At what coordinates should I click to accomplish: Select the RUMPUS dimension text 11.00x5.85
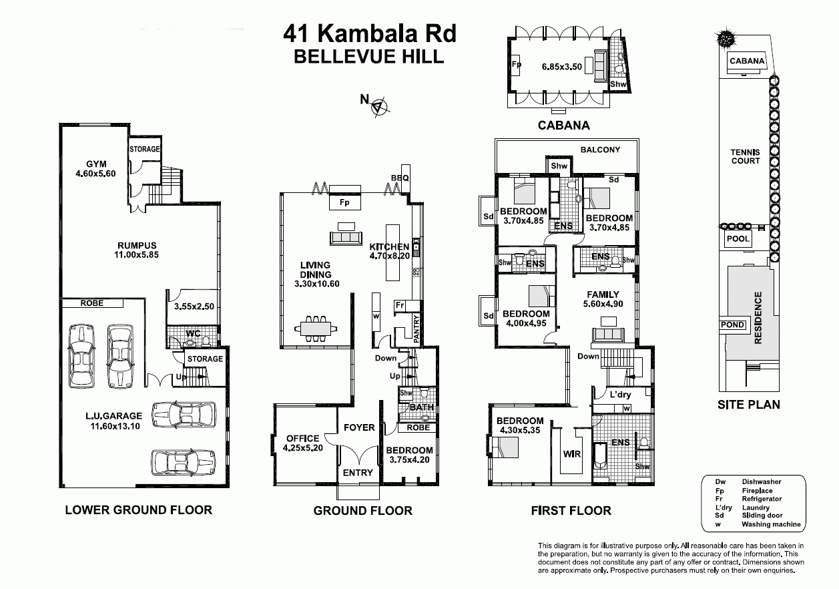coord(137,254)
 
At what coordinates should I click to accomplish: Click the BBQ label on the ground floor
coord(400,178)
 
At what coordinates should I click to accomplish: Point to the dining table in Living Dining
coord(316,328)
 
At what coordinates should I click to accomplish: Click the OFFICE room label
coord(302,438)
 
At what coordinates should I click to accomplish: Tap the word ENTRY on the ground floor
coord(358,472)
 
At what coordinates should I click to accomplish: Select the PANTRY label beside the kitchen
coord(416,329)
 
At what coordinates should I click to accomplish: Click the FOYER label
coord(359,427)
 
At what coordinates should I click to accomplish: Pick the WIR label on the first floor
coord(572,454)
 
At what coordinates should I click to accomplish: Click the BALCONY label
coord(600,150)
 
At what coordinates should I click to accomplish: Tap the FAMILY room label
coord(603,294)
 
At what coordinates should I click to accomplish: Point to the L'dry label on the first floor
coord(620,395)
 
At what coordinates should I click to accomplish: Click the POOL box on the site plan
coord(738,238)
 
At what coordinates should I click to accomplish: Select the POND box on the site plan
coord(732,325)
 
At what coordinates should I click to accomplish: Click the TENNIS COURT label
coord(746,156)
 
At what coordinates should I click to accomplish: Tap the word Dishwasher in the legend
coord(762,481)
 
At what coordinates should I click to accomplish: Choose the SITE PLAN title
coord(748,404)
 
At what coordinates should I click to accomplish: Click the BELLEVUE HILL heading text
coord(369,56)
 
